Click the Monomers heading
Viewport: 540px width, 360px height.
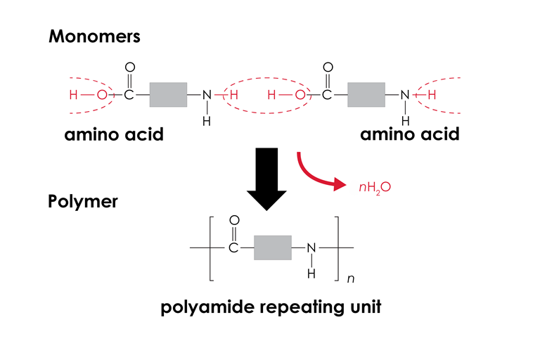pyautogui.click(x=94, y=37)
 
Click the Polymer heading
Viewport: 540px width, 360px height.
pyautogui.click(x=82, y=201)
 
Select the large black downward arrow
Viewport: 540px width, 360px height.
pyautogui.click(x=266, y=179)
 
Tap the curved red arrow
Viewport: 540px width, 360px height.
pyautogui.click(x=320, y=173)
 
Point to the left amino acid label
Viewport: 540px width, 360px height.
pyautogui.click(x=114, y=134)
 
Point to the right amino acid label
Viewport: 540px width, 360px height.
pyautogui.click(x=410, y=134)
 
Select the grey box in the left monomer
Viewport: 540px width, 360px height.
pyautogui.click(x=168, y=95)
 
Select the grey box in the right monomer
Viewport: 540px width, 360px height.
pyautogui.click(x=366, y=95)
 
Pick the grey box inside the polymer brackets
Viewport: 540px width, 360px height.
pyautogui.click(x=272, y=248)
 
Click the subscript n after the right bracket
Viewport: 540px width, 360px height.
pyautogui.click(x=350, y=279)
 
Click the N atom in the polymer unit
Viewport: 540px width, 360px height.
pyautogui.click(x=311, y=248)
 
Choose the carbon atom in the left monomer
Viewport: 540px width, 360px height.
pyautogui.click(x=129, y=95)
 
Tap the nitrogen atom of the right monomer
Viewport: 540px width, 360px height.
pyautogui.click(x=404, y=95)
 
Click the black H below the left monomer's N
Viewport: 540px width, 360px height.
pyautogui.click(x=206, y=120)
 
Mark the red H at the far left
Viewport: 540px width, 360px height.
pyautogui.click(x=72, y=95)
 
